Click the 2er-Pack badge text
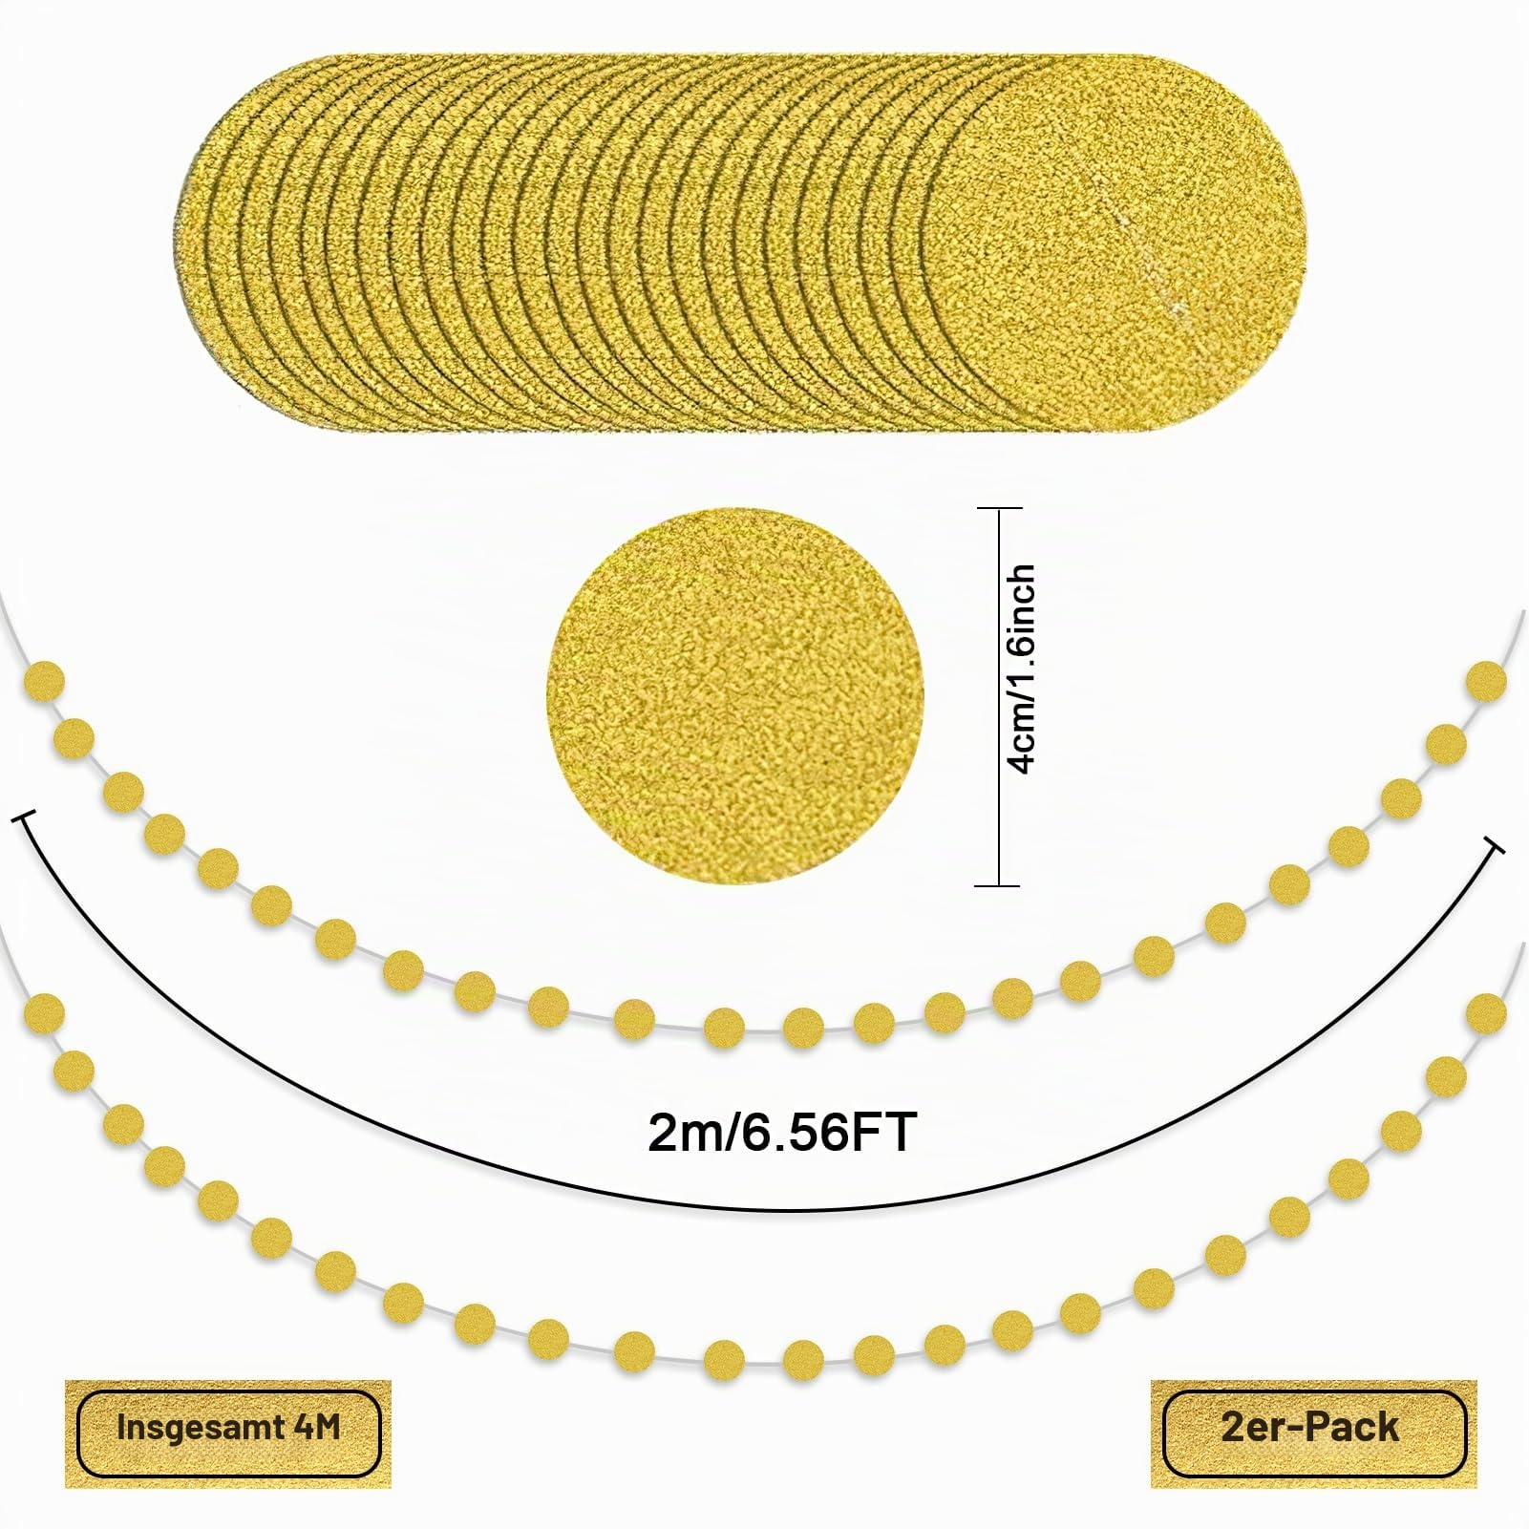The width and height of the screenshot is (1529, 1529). tap(1309, 1427)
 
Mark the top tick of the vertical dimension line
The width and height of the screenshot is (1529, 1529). tap(999, 508)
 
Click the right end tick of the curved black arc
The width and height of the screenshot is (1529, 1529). tap(1496, 844)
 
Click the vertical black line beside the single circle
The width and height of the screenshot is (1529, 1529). tap(999, 697)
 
